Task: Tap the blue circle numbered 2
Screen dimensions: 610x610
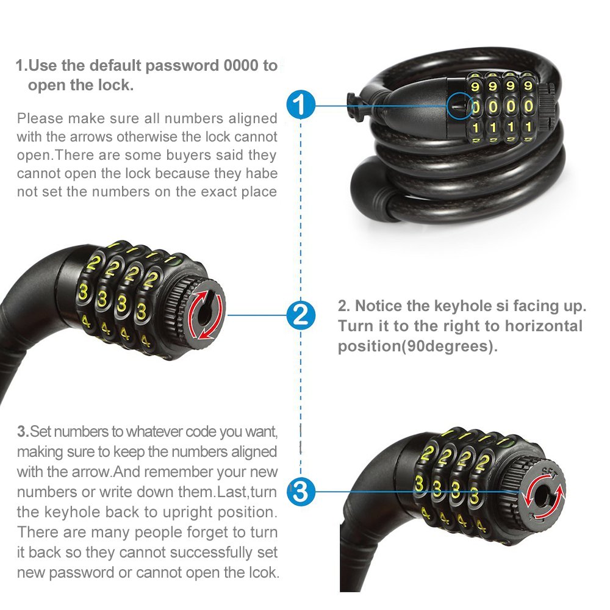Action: point(300,315)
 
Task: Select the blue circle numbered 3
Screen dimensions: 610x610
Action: point(300,491)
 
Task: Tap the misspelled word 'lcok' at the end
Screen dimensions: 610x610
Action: point(264,572)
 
